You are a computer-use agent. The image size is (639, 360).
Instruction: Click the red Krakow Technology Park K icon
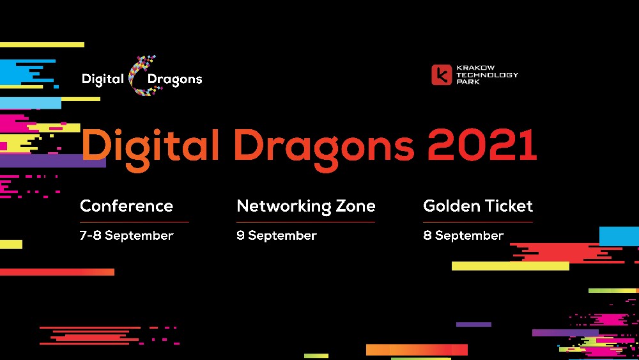point(442,75)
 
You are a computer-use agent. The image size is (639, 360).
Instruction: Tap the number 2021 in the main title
point(482,145)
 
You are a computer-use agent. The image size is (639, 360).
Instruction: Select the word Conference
point(126,206)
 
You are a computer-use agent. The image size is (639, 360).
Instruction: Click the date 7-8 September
point(126,235)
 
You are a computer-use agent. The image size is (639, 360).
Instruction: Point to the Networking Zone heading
point(305,206)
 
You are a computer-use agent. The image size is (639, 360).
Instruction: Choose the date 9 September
point(276,235)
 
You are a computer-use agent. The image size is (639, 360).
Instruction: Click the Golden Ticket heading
point(477,206)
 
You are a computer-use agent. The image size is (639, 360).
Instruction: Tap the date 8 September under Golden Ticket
point(463,235)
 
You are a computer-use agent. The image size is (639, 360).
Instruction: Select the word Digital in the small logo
point(102,79)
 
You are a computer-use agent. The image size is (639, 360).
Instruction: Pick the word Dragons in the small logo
point(174,79)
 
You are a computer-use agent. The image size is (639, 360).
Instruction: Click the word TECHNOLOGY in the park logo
point(487,75)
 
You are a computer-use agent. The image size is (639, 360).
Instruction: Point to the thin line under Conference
point(134,222)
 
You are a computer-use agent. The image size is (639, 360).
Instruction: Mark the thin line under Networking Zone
point(305,222)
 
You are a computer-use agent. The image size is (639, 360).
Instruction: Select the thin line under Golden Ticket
point(477,222)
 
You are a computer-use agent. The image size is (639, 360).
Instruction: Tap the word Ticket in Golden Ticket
point(509,206)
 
